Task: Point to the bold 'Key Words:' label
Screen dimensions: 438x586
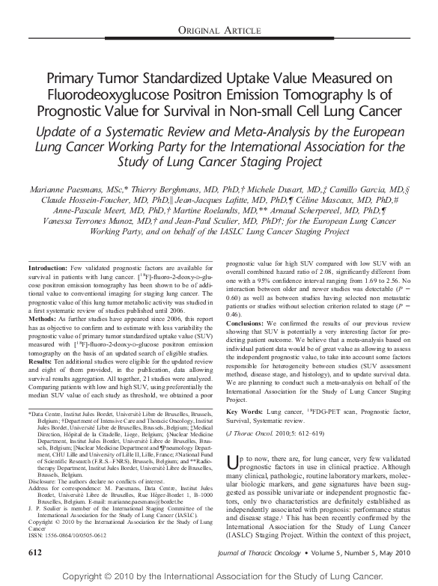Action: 242,412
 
